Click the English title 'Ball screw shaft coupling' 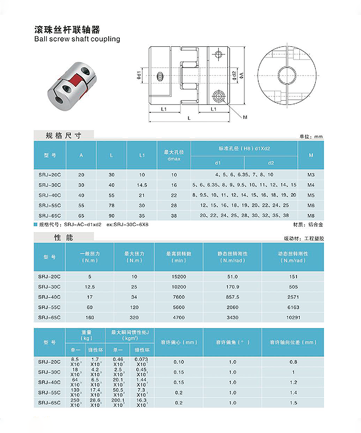click(x=77, y=39)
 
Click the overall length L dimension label click(x=189, y=118)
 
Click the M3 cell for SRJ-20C click(x=310, y=175)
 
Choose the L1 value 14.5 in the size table click(x=142, y=185)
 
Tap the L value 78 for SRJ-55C click(x=111, y=205)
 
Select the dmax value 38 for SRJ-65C click(x=174, y=215)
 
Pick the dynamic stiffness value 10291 click(x=292, y=317)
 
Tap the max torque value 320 click(x=134, y=317)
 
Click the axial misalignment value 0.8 click(x=293, y=362)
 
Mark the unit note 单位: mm click(x=311, y=137)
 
